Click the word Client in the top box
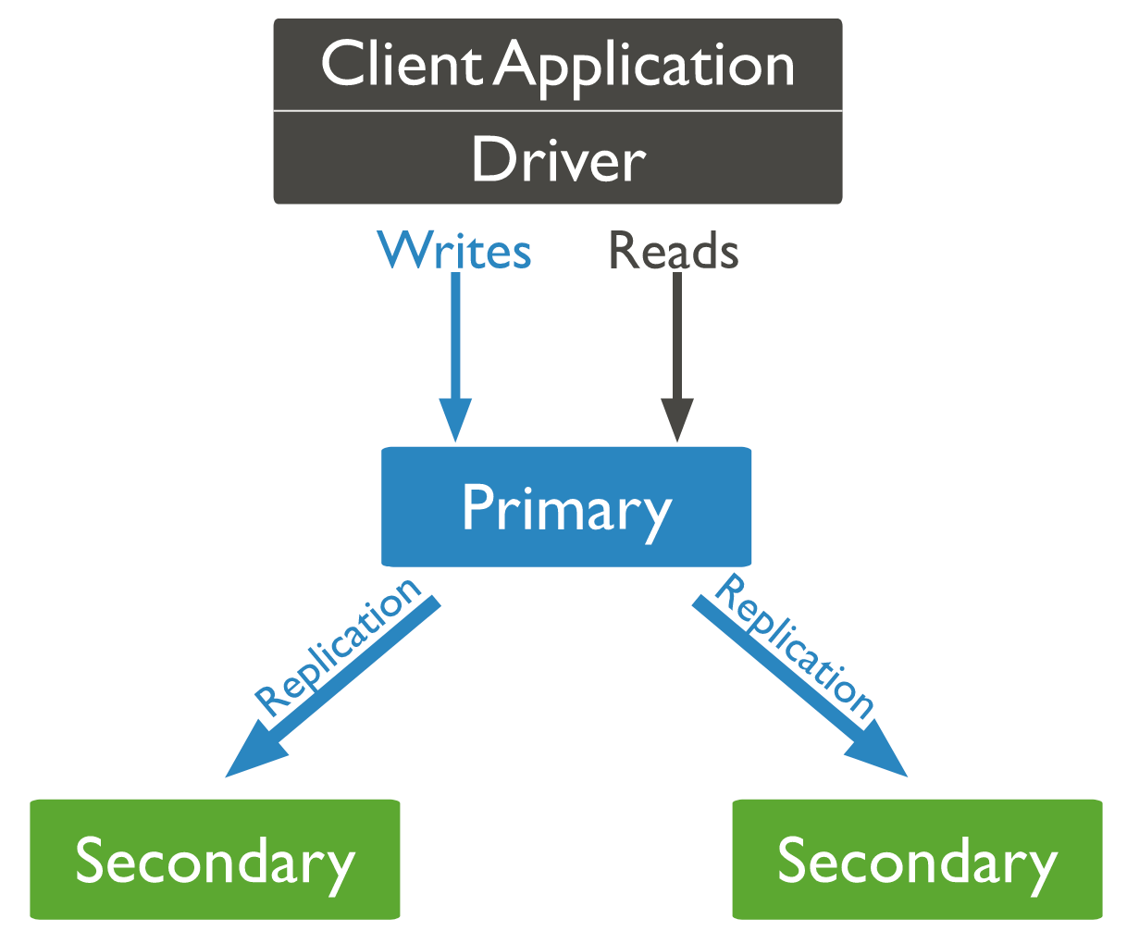tap(402, 64)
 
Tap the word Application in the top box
tap(643, 68)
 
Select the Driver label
tap(558, 159)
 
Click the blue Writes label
tap(454, 250)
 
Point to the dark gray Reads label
tap(674, 250)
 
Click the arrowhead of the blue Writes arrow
tap(455, 419)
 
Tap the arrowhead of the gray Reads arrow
tap(677, 419)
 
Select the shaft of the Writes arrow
tap(455, 335)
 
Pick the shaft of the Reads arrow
tap(677, 335)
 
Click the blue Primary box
tap(566, 506)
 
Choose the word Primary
tap(566, 511)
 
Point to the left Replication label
tap(338, 648)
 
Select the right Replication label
tap(794, 646)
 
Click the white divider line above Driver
tap(558, 111)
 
